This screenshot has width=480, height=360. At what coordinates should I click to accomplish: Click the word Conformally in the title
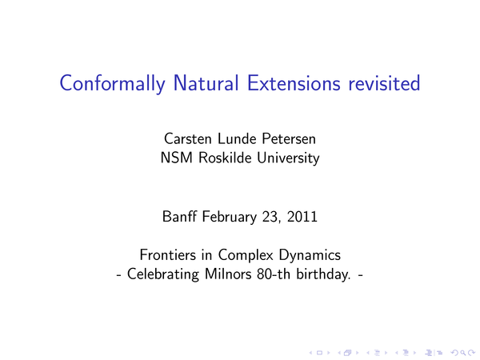(x=112, y=83)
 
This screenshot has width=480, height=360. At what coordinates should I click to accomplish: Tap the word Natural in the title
(x=206, y=83)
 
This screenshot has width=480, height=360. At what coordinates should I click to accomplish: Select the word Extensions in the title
(x=294, y=83)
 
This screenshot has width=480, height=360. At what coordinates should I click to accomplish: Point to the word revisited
(x=384, y=83)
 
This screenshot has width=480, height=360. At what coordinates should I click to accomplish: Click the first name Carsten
(x=188, y=138)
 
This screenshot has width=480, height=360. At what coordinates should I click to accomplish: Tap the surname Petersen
(x=289, y=138)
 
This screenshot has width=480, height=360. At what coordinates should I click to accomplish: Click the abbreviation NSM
(x=177, y=158)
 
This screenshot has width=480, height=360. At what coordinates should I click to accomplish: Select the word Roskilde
(x=224, y=158)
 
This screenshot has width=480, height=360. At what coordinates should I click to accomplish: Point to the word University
(x=288, y=158)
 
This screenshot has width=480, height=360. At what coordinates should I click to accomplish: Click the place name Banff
(x=179, y=217)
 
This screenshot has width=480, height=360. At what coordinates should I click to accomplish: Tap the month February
(x=230, y=217)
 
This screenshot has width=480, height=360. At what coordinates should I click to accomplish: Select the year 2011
(x=302, y=217)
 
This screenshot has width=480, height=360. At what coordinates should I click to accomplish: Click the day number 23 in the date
(x=270, y=217)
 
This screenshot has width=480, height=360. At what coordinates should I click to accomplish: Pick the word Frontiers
(x=167, y=254)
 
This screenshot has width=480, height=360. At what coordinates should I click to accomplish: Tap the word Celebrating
(x=163, y=274)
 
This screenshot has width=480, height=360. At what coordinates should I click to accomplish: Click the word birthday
(x=323, y=274)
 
